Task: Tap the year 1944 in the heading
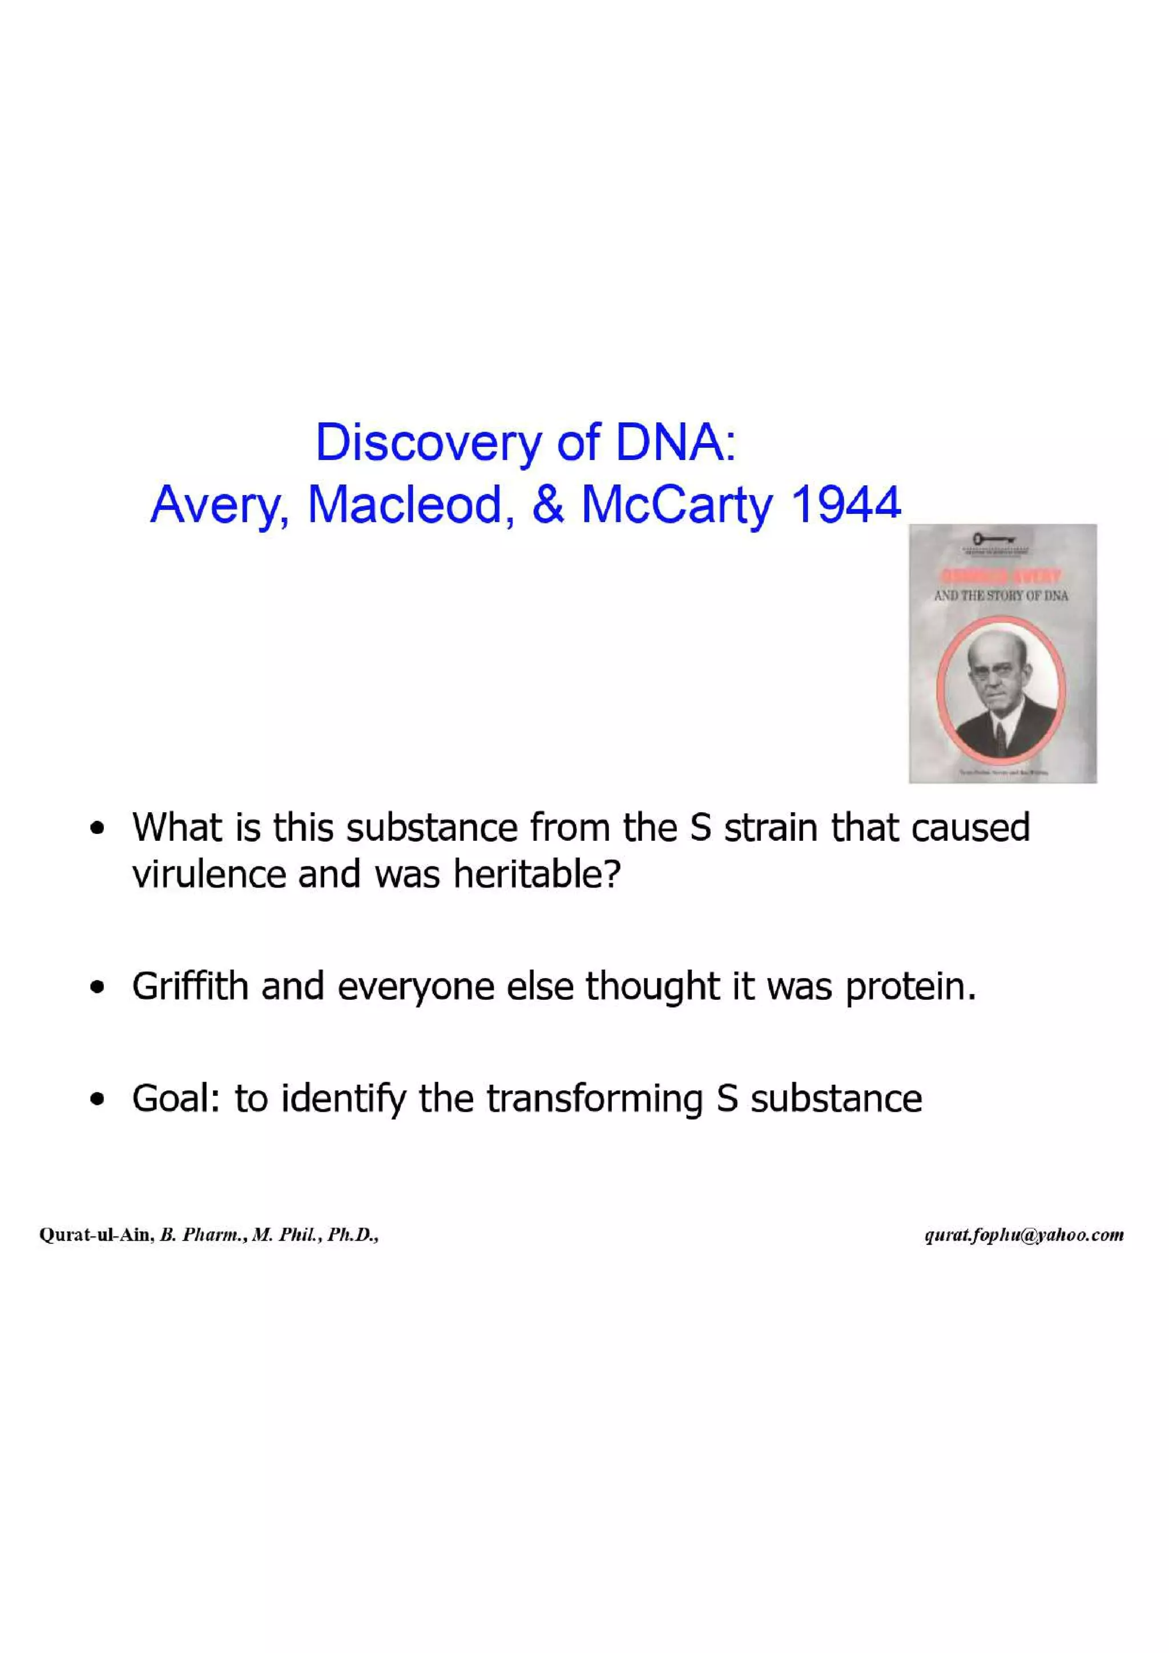845,504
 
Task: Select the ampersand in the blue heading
547,504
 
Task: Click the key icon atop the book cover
993,538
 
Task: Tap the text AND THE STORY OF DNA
1001,595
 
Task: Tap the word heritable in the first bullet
536,875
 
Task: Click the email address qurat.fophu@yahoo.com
1023,1235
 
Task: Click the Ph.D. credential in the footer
353,1235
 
